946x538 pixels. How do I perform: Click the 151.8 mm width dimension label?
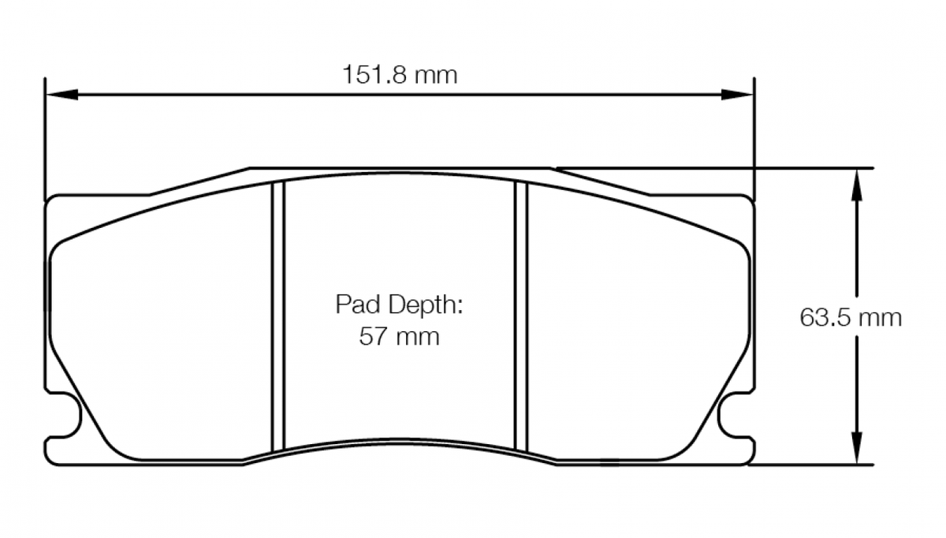coord(399,76)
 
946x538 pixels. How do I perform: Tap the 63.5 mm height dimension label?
coord(851,318)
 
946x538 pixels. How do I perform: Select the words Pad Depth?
coord(398,304)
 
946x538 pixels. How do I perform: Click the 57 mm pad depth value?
coord(399,338)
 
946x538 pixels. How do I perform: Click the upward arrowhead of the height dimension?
coord(855,181)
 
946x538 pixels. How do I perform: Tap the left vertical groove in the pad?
coord(277,316)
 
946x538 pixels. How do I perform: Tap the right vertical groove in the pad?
coord(520,316)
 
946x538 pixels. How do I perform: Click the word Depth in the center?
coord(423,304)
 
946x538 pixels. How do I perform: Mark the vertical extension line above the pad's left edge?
coord(46,134)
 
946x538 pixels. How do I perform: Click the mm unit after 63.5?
coord(880,318)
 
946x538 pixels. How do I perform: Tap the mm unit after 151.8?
coord(436,76)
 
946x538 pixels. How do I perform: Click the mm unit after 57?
coord(417,338)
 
